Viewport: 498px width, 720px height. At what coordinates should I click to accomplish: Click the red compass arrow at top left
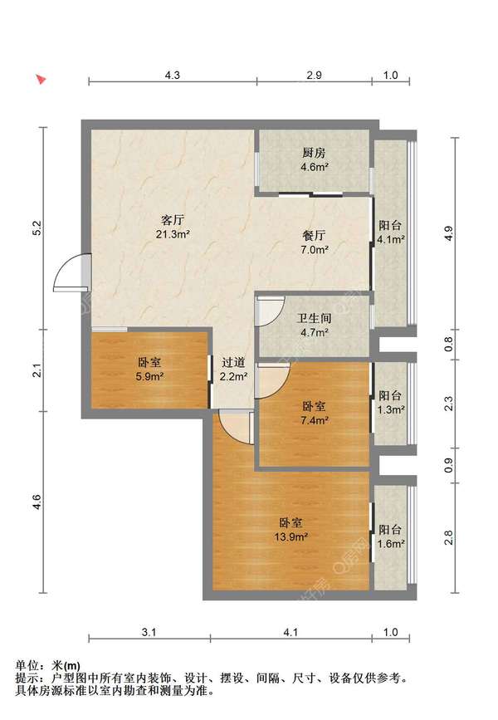click(41, 80)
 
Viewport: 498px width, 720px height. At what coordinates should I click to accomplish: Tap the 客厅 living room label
click(173, 219)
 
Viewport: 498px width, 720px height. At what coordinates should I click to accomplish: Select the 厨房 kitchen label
click(314, 153)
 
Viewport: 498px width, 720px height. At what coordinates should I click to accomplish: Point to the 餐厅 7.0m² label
click(315, 242)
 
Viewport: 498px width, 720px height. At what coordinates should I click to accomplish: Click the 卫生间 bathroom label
click(314, 318)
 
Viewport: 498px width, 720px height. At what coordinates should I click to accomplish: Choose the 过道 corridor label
click(233, 362)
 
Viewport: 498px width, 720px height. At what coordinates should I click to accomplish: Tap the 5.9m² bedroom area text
click(149, 377)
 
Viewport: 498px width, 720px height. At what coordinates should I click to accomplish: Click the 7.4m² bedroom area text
click(315, 420)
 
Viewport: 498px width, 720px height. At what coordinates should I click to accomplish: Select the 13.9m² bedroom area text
click(291, 536)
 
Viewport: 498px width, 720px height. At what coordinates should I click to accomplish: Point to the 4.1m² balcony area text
click(391, 239)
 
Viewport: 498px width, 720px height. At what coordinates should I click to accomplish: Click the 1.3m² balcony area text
click(391, 409)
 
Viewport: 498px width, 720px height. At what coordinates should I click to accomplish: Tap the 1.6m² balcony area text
click(391, 544)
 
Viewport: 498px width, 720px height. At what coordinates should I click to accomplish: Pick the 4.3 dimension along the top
click(172, 75)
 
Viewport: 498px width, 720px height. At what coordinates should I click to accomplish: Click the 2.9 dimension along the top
click(314, 75)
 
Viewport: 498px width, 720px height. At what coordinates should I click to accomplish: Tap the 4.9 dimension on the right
click(449, 234)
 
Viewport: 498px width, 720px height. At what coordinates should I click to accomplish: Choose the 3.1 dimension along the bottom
click(149, 632)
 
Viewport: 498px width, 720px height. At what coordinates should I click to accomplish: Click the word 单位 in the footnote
click(27, 666)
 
